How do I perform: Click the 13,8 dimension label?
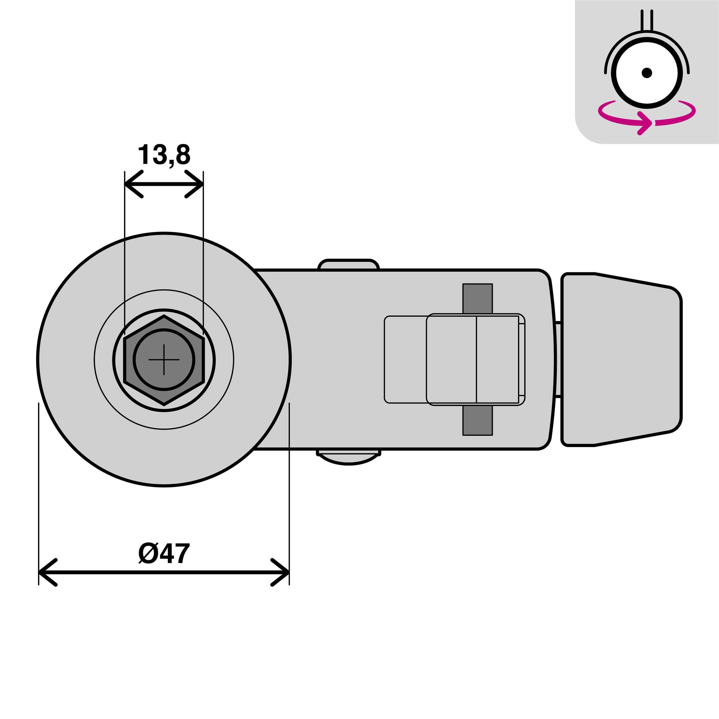coord(164,155)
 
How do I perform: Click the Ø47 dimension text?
coord(164,553)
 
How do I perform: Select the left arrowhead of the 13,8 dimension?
coord(128,184)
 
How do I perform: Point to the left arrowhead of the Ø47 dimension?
coord(43,572)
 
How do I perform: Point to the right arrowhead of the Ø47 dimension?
coord(285,572)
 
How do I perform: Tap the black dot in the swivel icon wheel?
coord(647,73)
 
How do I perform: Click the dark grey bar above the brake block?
coord(477,298)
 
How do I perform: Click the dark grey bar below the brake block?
coord(477,421)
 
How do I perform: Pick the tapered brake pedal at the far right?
coord(621,359)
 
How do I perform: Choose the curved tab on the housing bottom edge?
coord(349,458)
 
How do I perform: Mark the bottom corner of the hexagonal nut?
coord(164,404)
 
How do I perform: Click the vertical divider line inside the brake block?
coord(476,359)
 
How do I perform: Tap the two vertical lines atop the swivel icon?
coord(647,20)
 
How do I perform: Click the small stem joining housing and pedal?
coord(558,359)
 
